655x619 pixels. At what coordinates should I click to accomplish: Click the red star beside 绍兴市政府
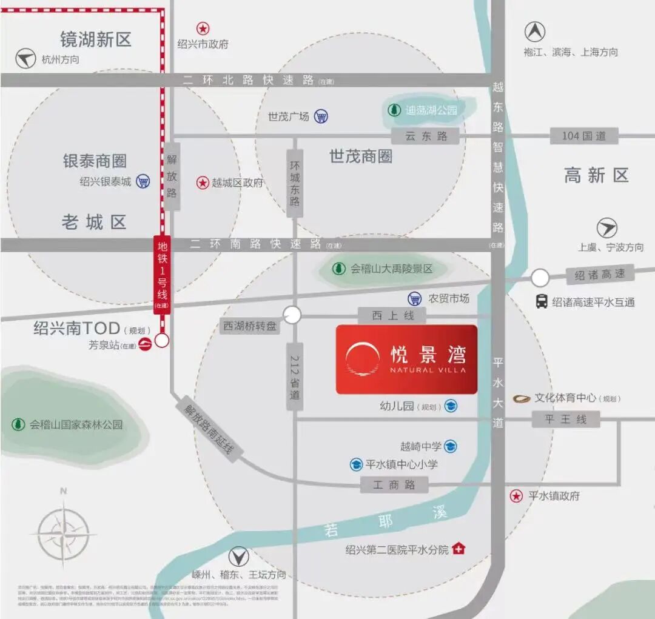(203, 28)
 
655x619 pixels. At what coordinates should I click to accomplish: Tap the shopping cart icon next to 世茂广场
(321, 116)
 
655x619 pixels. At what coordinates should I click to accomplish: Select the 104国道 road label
(583, 136)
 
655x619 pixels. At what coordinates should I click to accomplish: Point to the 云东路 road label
(426, 136)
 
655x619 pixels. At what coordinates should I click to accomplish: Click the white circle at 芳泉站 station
(162, 341)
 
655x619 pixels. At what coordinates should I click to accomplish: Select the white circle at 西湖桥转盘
(292, 315)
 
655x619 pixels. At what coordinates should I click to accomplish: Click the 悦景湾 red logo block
(406, 360)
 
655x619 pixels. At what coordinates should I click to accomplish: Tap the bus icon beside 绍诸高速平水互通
(542, 301)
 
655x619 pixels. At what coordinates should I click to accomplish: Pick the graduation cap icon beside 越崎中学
(450, 447)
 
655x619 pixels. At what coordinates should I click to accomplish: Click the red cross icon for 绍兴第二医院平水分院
(459, 549)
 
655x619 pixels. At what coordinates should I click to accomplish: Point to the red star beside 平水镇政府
(516, 496)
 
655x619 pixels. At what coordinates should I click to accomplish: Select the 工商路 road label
(394, 484)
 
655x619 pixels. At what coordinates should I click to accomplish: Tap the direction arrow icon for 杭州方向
(26, 59)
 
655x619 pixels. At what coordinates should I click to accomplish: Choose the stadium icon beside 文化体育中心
(522, 398)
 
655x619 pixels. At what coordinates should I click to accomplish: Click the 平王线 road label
(565, 419)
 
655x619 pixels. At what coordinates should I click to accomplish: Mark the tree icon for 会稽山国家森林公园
(18, 424)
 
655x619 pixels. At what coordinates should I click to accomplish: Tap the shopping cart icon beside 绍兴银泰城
(143, 181)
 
